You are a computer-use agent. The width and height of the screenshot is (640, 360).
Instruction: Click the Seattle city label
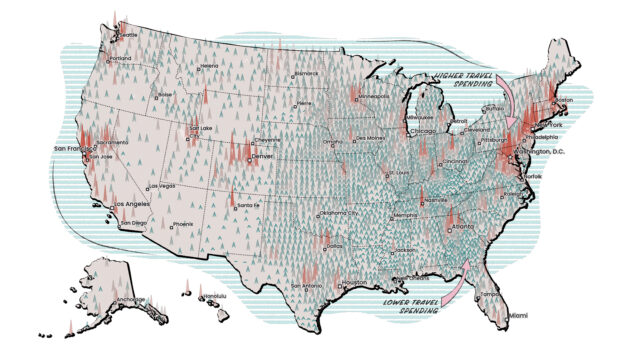tap(129, 36)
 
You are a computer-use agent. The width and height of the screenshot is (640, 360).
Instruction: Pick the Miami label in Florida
tap(519, 315)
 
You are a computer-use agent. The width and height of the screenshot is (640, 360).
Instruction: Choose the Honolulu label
tap(207, 296)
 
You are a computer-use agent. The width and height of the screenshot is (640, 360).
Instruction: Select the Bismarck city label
tap(307, 73)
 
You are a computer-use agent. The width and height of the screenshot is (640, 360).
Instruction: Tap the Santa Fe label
tap(248, 205)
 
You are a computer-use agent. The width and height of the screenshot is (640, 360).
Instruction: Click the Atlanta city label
tap(464, 226)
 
